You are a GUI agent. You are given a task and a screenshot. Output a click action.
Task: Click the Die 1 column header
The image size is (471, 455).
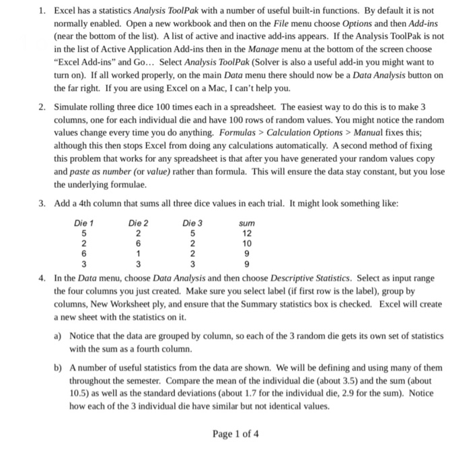(83, 223)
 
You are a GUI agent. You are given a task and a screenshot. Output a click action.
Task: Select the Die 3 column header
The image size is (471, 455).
(192, 223)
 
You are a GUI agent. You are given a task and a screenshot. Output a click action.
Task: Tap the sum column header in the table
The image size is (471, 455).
(247, 223)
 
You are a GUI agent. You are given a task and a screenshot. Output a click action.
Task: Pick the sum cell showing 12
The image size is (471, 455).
(247, 233)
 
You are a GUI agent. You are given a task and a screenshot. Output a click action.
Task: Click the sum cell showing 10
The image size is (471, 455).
(247, 243)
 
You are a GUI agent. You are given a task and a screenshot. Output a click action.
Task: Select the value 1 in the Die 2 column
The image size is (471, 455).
(138, 253)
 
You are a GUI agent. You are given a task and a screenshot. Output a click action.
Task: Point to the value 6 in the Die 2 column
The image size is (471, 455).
(138, 243)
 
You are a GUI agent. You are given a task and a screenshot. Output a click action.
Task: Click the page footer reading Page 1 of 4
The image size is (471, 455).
(235, 433)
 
